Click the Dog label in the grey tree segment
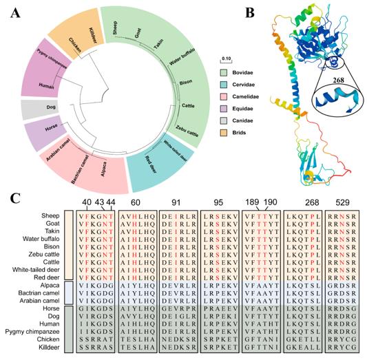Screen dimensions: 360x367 coord(31,109)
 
